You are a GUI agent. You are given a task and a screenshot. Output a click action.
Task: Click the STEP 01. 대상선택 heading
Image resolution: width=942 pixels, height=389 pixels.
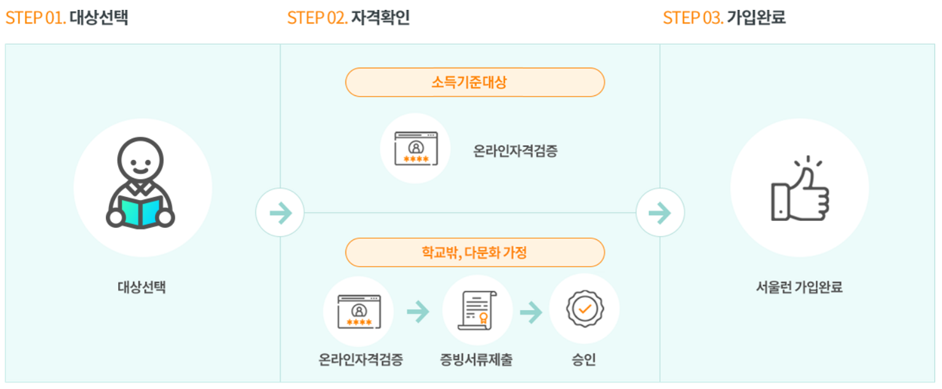point(66,17)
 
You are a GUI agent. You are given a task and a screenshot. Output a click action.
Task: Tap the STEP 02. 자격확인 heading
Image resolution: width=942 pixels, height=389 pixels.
point(348,17)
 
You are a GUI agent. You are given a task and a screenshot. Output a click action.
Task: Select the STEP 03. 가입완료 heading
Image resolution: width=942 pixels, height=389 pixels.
point(724,17)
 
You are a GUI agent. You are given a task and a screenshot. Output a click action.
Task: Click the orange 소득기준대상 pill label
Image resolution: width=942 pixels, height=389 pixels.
point(474,82)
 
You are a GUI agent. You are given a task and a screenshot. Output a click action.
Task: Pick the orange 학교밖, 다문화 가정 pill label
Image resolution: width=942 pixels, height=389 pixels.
point(474,252)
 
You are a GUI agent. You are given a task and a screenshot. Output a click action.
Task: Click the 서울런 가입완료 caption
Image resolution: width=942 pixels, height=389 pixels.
point(799,287)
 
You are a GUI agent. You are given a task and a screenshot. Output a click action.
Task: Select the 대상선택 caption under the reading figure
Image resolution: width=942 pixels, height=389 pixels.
point(142,287)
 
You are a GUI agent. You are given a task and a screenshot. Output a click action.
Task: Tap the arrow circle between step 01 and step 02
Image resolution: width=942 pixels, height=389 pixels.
point(280,213)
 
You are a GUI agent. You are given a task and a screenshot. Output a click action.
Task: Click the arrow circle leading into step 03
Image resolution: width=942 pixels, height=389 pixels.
point(660,213)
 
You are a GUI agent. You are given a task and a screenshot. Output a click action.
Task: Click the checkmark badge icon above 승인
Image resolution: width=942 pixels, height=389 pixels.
point(584,308)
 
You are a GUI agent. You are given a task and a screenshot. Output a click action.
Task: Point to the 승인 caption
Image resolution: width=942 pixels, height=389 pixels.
point(583,359)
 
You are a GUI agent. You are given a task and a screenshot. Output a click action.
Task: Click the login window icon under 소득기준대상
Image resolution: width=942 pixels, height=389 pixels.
point(416,148)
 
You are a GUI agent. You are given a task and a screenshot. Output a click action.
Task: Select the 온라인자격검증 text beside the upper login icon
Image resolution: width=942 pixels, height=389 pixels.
point(516,150)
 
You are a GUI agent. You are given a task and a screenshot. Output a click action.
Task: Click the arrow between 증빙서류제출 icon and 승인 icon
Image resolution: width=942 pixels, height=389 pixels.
point(531,312)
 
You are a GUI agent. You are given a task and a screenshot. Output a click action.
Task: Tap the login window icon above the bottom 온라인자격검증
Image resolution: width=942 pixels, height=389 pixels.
point(359,311)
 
